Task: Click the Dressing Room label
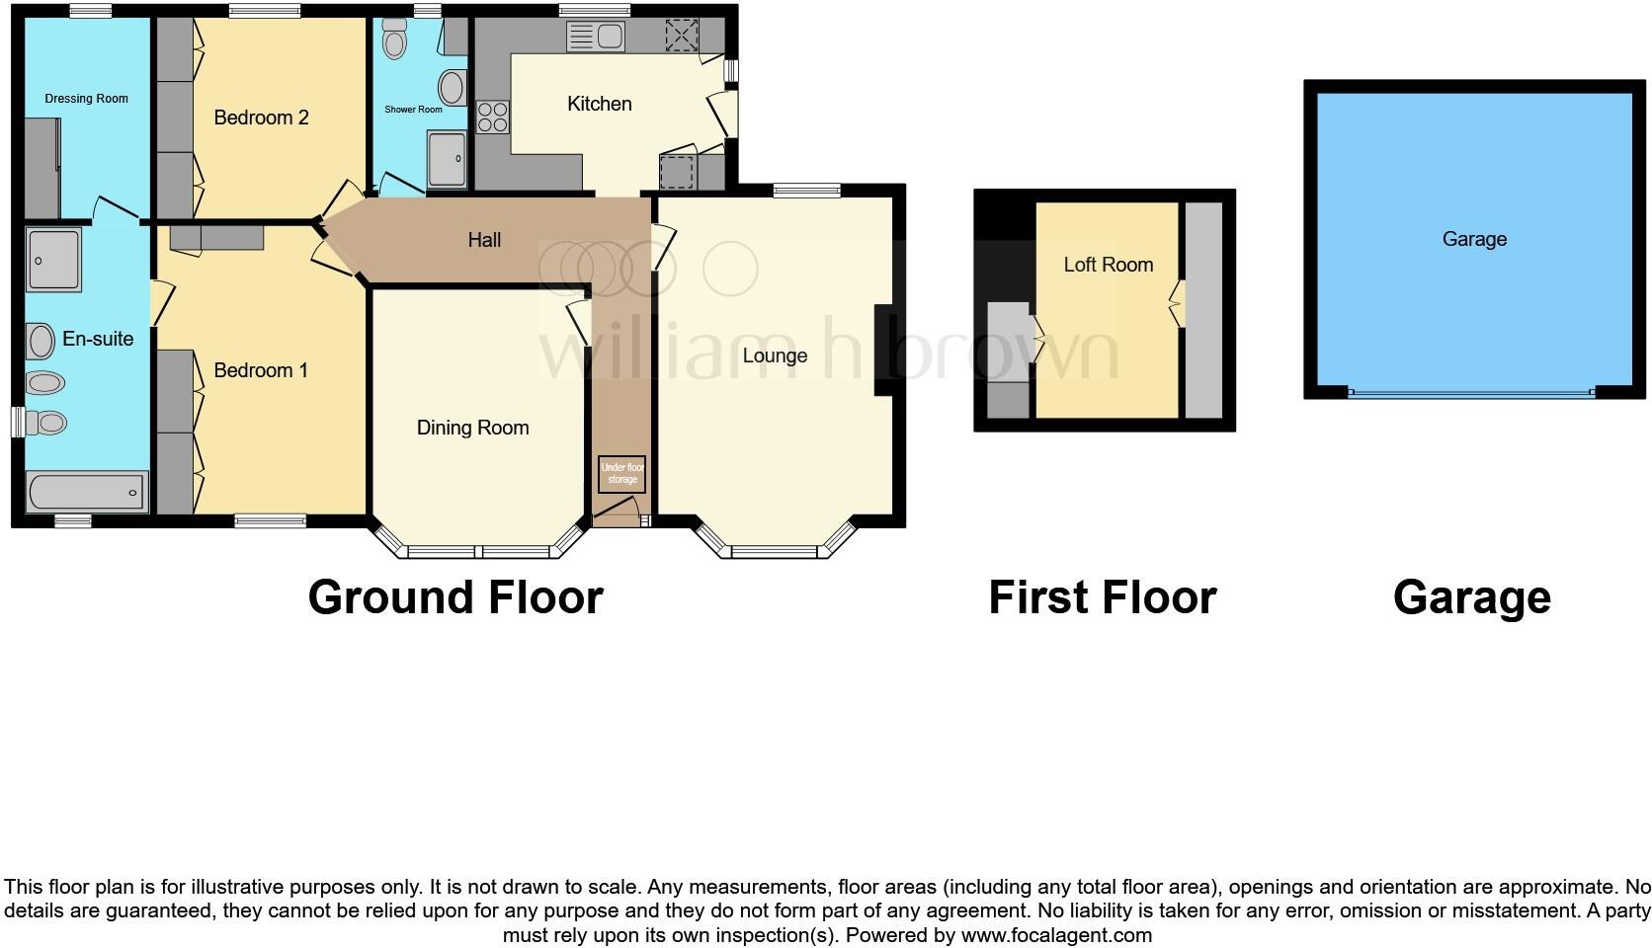click(x=86, y=99)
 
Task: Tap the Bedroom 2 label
click(x=261, y=118)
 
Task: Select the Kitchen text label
click(x=599, y=104)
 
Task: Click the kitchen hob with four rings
click(x=492, y=118)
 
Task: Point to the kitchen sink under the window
click(x=595, y=38)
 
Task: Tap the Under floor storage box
click(x=622, y=474)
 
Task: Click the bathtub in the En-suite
click(x=86, y=492)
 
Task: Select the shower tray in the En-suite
click(x=53, y=260)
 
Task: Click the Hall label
click(x=484, y=240)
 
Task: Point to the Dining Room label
click(x=472, y=428)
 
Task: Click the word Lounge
click(x=775, y=355)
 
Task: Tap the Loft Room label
click(x=1108, y=265)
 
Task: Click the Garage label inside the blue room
click(x=1474, y=239)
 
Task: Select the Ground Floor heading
click(x=455, y=597)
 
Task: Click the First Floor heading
click(x=1102, y=597)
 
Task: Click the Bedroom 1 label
click(x=261, y=370)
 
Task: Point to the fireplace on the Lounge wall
click(x=883, y=351)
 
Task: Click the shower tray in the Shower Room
click(x=448, y=159)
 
